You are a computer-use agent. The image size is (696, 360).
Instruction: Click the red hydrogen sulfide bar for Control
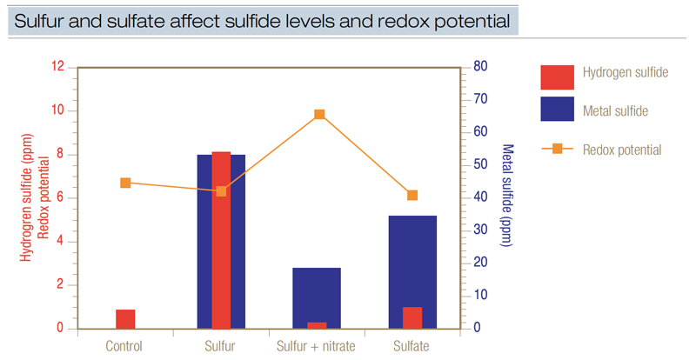125,319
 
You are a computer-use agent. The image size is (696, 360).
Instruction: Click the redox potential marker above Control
125,183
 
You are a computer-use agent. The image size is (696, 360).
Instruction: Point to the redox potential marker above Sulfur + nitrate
319,114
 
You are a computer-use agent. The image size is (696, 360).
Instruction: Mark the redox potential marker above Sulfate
412,195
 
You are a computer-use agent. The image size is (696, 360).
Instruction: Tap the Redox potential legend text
621,150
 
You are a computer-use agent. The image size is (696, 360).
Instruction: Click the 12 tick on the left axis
59,67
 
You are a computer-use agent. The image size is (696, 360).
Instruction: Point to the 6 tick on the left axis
59,198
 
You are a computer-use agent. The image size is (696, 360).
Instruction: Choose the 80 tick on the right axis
478,67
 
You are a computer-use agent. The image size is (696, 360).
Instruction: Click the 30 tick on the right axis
478,230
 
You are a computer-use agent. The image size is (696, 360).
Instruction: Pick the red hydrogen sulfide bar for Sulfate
412,317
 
